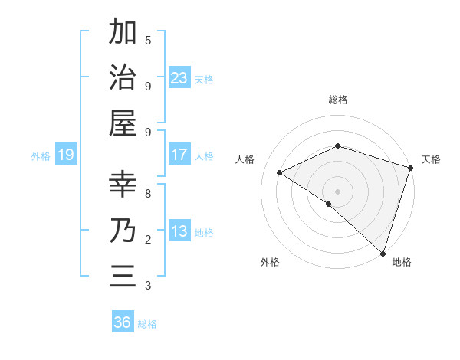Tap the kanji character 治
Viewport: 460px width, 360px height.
point(123,79)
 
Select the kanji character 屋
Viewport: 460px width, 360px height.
point(123,126)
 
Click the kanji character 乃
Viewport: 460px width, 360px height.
point(123,231)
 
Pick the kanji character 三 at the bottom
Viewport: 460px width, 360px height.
point(123,277)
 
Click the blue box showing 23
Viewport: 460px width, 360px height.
point(179,78)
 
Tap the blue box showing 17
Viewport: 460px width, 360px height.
point(179,155)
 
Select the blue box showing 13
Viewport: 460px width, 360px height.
point(179,232)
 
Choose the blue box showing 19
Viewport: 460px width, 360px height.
point(65,155)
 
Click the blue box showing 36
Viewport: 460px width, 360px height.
point(123,323)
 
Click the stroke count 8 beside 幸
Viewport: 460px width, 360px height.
point(148,193)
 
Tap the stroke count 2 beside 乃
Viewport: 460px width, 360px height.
point(148,240)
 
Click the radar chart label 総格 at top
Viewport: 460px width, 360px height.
point(338,100)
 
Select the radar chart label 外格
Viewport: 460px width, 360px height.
point(270,262)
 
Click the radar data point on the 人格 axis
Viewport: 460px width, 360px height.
point(280,172)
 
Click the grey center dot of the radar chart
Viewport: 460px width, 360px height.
point(338,191)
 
